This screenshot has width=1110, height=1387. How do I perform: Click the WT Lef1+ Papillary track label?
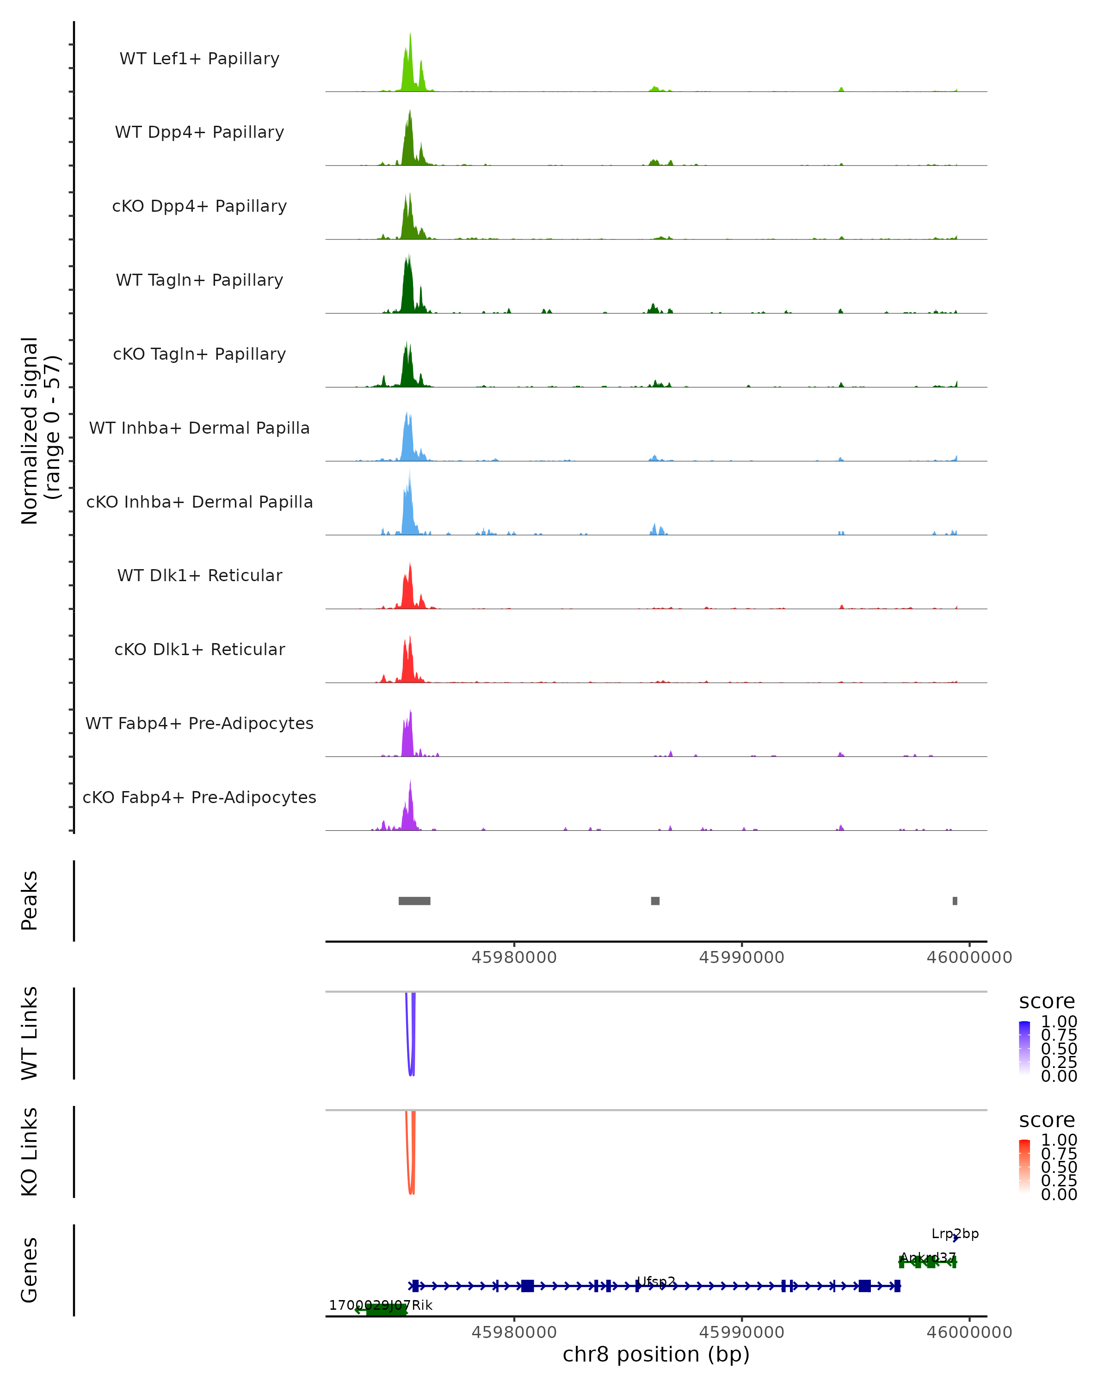[199, 59]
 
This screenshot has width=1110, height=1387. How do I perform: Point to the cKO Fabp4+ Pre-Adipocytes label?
[199, 797]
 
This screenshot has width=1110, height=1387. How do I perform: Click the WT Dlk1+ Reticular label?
[199, 575]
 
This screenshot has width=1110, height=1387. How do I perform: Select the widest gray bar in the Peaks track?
[414, 901]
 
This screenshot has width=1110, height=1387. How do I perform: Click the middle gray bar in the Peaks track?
[655, 901]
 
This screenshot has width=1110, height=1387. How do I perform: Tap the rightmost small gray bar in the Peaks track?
[955, 901]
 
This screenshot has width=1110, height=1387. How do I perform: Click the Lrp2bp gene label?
[955, 1233]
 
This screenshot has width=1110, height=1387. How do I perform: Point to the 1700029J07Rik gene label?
[380, 1305]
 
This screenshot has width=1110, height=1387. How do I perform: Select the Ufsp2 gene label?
[656, 1281]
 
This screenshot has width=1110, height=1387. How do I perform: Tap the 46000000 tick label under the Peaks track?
[969, 957]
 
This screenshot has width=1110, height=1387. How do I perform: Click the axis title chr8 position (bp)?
[656, 1354]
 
